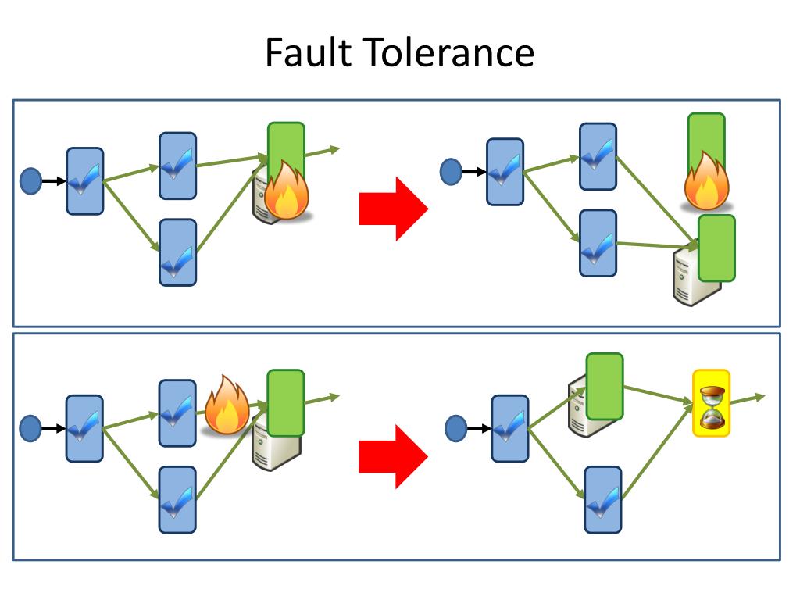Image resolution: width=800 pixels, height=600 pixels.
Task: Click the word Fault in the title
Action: coord(309,52)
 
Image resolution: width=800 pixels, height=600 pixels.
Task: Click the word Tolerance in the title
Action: coord(450,52)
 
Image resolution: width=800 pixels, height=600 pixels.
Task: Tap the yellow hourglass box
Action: coord(711,403)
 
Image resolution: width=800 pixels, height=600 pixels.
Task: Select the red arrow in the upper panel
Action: coord(394,209)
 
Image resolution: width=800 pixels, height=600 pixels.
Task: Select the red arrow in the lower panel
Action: coord(394,456)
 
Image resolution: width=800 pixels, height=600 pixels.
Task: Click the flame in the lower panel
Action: coord(227,405)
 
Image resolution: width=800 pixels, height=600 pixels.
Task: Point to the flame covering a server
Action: coord(286,190)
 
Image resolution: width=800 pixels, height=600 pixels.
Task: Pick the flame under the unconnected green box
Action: coord(706,180)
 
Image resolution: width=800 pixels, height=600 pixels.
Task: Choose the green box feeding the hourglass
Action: coord(605,386)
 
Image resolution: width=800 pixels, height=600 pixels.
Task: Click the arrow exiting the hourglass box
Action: coord(748,399)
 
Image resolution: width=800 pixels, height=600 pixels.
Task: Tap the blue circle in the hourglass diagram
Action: coord(455,428)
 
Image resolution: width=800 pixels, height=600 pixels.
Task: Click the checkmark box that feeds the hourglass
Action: coord(602,500)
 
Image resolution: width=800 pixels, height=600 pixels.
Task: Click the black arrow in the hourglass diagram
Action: coord(479,429)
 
